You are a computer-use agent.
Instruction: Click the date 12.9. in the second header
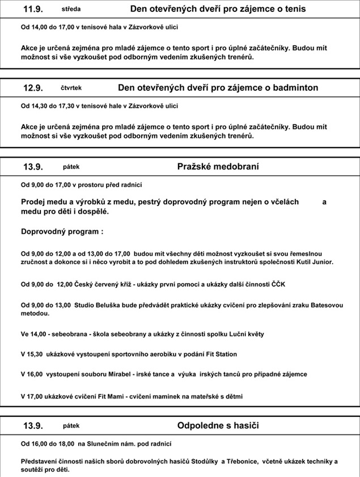pyautogui.click(x=33, y=88)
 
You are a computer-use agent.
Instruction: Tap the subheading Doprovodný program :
pyautogui.click(x=62, y=231)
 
